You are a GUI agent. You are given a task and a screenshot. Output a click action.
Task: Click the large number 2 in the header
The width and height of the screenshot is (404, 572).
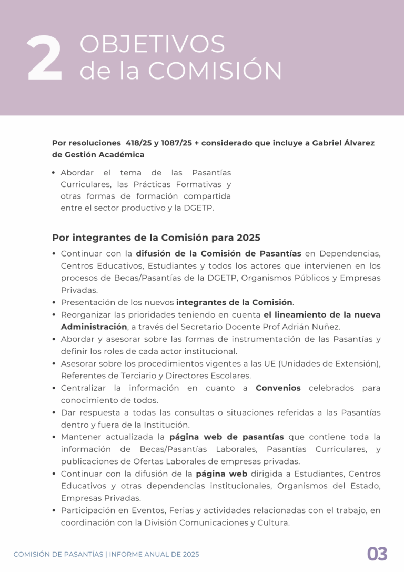pos(45,60)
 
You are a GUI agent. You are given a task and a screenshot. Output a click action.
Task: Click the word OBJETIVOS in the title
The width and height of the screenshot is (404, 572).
pos(152,45)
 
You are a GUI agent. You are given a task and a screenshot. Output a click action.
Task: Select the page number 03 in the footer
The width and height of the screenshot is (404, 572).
pos(377,554)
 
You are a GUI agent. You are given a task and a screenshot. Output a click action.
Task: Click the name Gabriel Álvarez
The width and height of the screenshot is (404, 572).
pos(344,143)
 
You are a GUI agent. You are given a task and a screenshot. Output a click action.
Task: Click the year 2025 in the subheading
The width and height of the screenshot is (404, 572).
pos(248,238)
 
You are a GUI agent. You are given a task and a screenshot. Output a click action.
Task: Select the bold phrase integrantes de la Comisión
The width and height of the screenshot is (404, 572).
pos(234,302)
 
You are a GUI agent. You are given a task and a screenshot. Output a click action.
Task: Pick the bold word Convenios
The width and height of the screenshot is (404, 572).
pos(278,388)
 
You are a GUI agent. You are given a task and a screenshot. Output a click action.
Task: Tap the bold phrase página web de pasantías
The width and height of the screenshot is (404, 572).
pos(227,437)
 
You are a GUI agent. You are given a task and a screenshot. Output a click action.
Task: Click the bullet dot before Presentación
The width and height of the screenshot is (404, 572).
pos(55,303)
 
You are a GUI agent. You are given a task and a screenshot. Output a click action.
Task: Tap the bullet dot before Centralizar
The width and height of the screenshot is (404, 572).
pos(55,388)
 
